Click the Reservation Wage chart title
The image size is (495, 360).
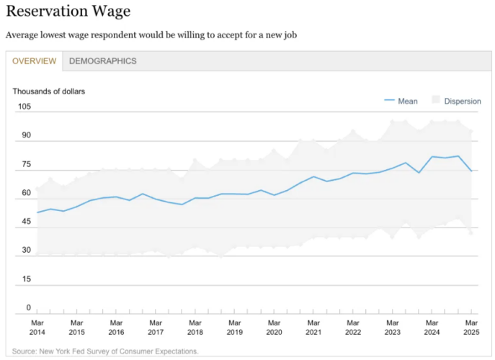point(68,12)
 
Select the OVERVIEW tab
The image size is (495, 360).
point(34,61)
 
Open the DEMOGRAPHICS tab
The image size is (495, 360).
point(102,61)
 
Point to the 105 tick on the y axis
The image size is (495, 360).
point(24,107)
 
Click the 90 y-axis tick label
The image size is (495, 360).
point(27,135)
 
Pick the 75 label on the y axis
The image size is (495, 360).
point(27,164)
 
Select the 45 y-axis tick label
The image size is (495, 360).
point(27,222)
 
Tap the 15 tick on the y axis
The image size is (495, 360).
point(27,279)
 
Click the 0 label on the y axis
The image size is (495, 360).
point(29,308)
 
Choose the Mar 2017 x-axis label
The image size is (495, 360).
point(156,328)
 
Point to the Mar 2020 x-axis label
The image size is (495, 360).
point(274,328)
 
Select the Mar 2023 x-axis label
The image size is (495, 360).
point(392,328)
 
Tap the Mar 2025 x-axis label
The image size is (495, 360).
point(471,328)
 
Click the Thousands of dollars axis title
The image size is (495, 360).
point(48,91)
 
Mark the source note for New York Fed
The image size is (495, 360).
point(105,351)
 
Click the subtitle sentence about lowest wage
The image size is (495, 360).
point(151,35)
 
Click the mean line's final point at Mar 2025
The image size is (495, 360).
point(471,171)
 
